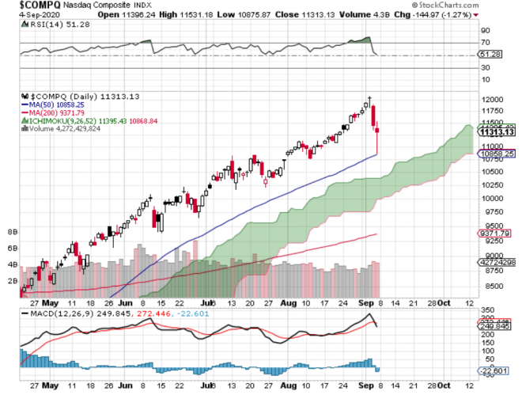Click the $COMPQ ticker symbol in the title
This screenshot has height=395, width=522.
click(30, 6)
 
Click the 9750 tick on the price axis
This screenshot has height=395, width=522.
click(490, 212)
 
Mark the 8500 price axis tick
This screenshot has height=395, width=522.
click(490, 287)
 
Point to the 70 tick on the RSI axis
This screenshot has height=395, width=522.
click(483, 43)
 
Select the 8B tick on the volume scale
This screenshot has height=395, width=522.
click(13, 233)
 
